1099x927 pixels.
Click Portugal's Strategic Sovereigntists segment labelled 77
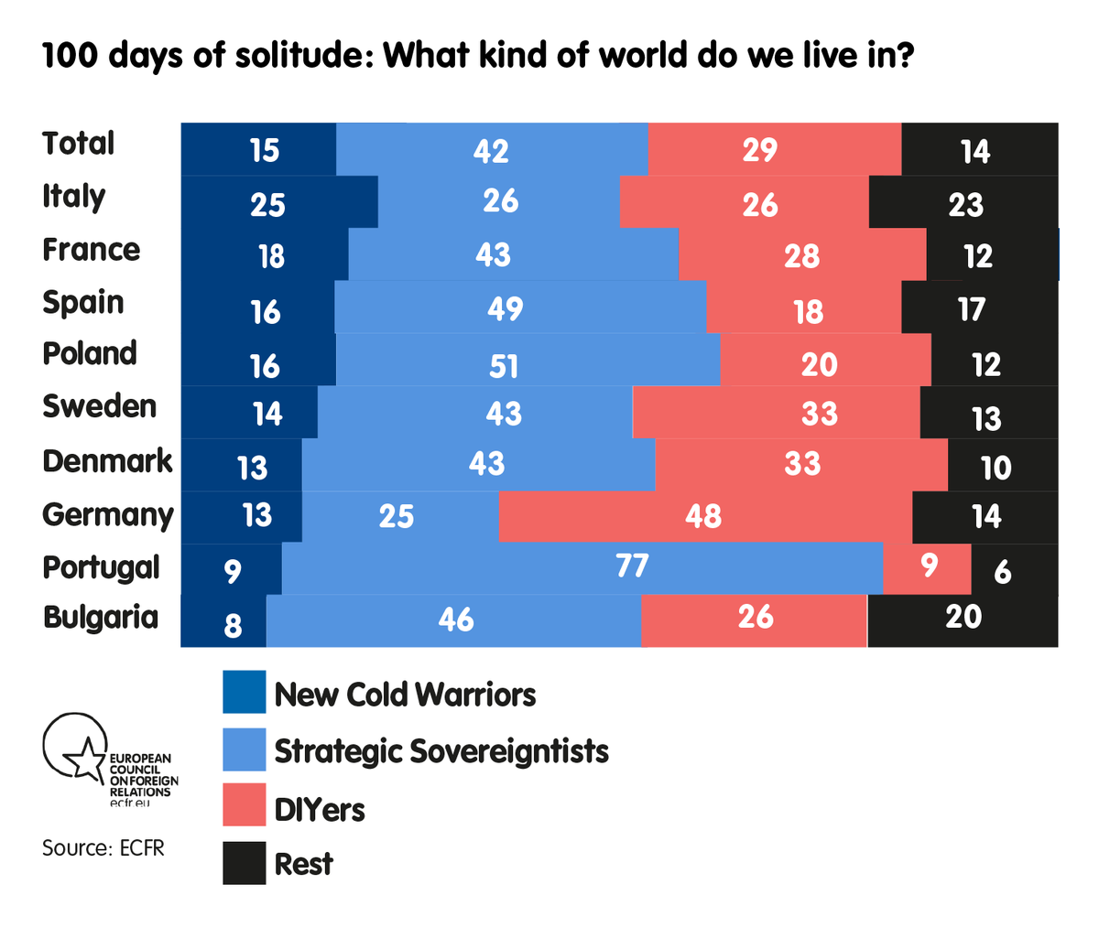click(x=582, y=568)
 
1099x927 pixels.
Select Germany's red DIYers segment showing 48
click(x=704, y=517)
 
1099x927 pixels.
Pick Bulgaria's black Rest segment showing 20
click(x=963, y=620)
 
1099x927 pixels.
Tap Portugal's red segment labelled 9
click(x=927, y=568)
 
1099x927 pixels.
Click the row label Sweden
click(x=99, y=406)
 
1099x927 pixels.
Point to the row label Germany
click(x=107, y=515)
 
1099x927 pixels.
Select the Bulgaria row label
click(x=101, y=617)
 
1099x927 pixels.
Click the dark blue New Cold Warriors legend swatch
click(x=244, y=692)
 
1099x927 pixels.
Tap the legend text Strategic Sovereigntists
click(x=441, y=751)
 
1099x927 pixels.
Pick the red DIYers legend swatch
click(x=244, y=805)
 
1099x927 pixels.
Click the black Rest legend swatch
click(x=244, y=863)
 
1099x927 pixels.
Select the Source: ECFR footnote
click(x=103, y=848)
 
